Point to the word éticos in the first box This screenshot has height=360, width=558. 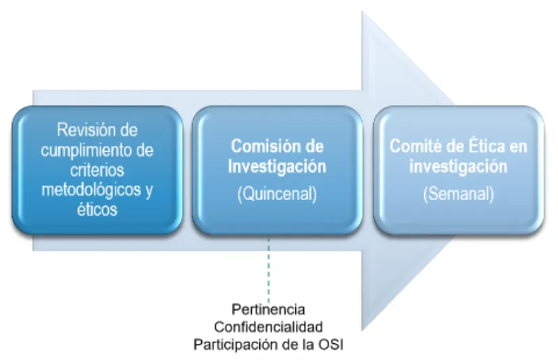[x=97, y=210]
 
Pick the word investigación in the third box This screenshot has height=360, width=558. [x=459, y=167]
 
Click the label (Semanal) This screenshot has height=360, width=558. [x=459, y=195]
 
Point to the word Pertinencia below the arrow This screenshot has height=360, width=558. [x=268, y=310]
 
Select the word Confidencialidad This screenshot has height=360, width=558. [x=268, y=328]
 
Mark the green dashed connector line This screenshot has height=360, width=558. [x=269, y=270]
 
